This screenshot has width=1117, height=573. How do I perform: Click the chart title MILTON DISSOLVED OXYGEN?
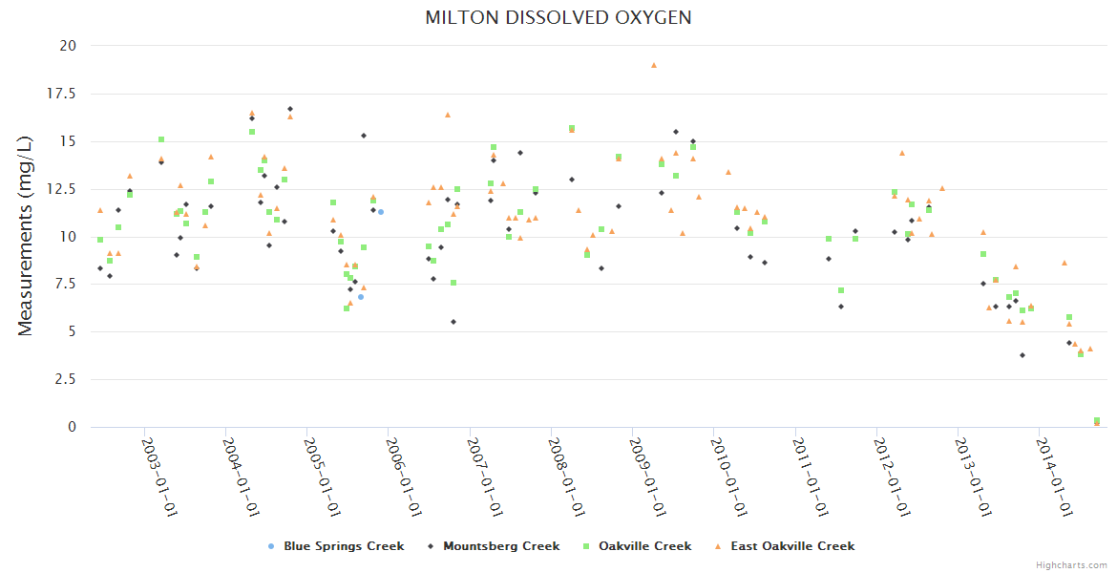tap(558, 18)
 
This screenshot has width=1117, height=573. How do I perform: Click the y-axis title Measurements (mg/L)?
tap(26, 236)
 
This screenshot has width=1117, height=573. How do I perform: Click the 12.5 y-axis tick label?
tap(64, 189)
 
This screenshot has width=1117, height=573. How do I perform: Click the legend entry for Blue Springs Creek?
tap(337, 546)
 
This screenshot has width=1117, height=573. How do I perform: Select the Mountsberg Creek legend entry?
tap(495, 546)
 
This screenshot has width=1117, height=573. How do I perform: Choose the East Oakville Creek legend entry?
tap(785, 546)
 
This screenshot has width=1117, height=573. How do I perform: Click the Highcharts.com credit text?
tap(1072, 564)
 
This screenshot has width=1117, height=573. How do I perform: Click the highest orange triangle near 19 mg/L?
tap(654, 65)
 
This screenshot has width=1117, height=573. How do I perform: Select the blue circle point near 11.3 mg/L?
tap(380, 211)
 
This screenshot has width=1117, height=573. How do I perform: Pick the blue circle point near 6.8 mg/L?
tap(360, 297)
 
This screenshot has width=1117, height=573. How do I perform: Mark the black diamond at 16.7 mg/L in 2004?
tap(290, 109)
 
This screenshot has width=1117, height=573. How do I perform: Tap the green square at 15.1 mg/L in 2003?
tap(161, 139)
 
